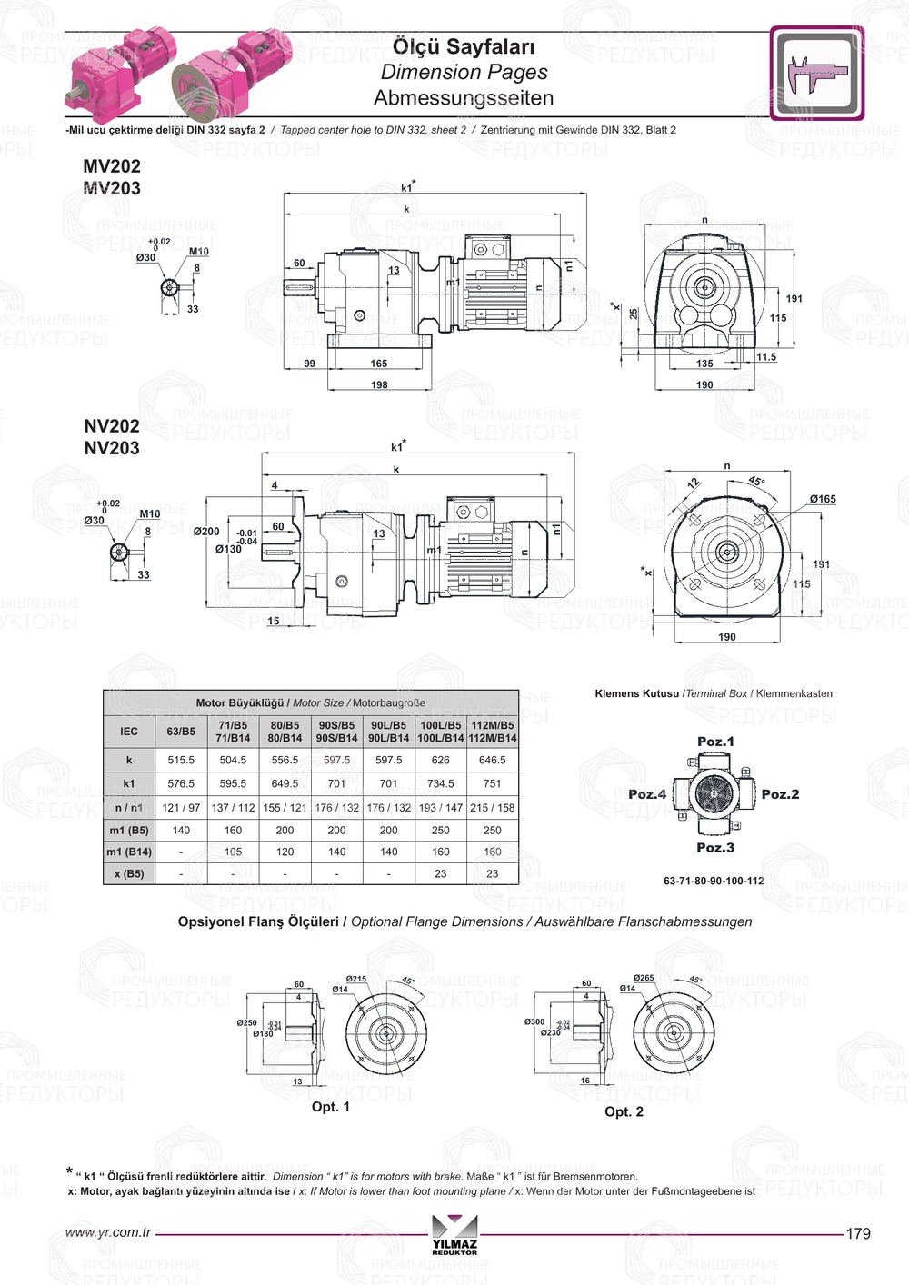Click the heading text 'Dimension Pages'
pos(464,72)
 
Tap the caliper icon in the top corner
pos(816,74)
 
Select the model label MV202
pos(112,166)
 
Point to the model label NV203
pos(112,448)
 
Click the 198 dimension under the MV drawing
pos(379,384)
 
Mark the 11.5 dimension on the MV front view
pos(766,357)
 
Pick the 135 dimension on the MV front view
pos(704,364)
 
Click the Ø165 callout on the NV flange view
pos(823,499)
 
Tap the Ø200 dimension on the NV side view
pos(206,532)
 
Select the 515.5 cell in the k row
pos(181,760)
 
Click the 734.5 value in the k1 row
pos(440,783)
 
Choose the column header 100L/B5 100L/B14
pos(440,732)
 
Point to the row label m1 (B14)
pos(129,852)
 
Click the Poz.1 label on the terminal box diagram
pos(715,742)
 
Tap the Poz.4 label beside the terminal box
pos(647,794)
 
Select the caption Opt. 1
pos(330,1107)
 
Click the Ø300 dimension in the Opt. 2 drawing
pos(534,1022)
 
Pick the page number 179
pos(857,1233)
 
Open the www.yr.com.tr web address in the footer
pos(108,1232)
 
